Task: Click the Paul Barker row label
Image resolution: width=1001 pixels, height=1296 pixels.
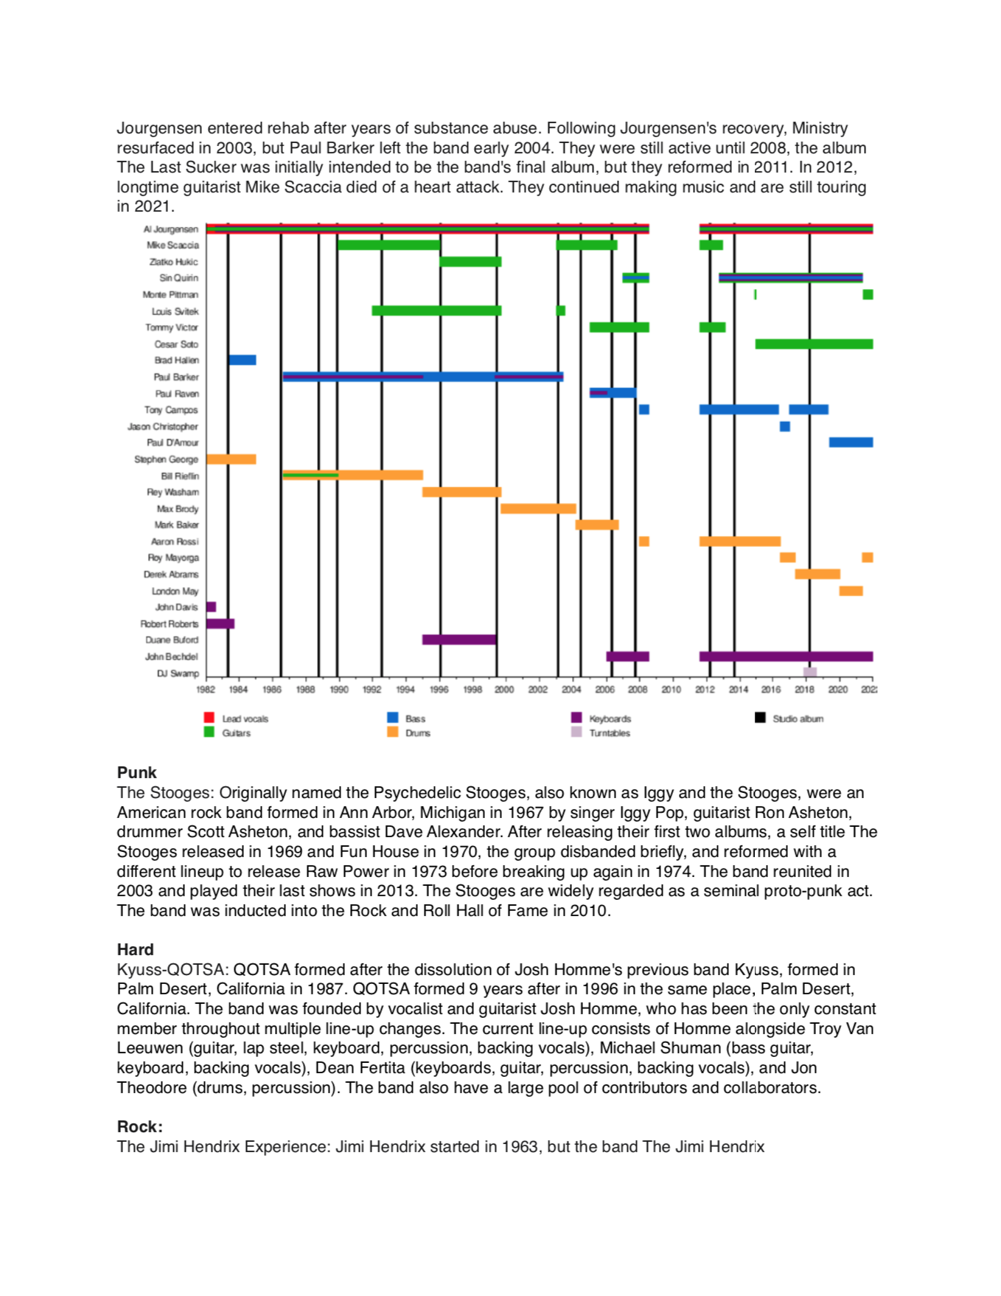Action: [175, 377]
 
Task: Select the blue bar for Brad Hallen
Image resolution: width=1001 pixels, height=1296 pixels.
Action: [242, 360]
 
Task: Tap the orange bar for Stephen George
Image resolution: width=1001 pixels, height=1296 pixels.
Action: [231, 459]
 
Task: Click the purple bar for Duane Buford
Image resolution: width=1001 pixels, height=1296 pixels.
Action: [458, 640]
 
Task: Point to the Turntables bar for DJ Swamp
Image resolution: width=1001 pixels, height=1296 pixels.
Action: [809, 672]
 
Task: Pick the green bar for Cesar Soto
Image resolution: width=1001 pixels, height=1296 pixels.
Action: [813, 344]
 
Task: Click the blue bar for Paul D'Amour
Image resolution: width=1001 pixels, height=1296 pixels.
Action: [850, 443]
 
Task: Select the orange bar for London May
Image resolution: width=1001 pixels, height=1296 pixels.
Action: [850, 591]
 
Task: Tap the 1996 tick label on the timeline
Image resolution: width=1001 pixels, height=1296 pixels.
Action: [439, 690]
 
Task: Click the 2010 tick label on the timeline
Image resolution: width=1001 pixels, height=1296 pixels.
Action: [671, 690]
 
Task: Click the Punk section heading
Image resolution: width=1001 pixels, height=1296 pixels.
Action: [137, 772]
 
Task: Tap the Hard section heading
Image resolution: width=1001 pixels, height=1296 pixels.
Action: [136, 949]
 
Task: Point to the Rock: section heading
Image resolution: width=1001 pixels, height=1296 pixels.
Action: [140, 1126]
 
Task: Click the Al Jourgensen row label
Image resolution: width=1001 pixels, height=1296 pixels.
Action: [170, 229]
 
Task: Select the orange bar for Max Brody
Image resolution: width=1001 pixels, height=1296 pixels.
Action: [538, 508]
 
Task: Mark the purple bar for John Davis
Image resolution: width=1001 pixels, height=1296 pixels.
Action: [211, 607]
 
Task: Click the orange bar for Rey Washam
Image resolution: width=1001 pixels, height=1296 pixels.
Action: [461, 492]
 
